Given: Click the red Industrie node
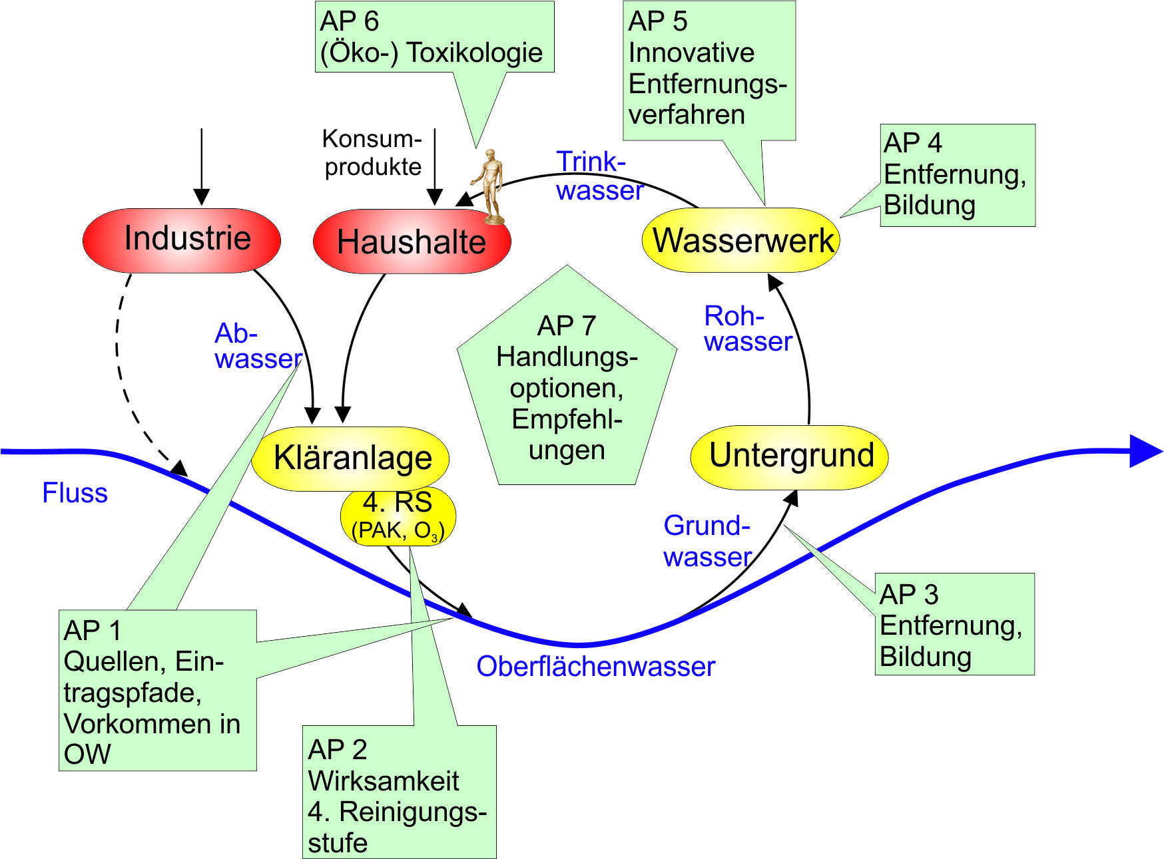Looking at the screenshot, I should click(181, 240).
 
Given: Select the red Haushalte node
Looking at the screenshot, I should click(411, 242).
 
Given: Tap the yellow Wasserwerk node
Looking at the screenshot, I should click(740, 240).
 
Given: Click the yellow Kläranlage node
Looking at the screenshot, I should click(350, 458).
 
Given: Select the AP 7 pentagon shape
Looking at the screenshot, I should click(567, 386).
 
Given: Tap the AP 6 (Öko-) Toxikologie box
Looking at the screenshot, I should click(434, 37).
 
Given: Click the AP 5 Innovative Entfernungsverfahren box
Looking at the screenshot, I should click(709, 69).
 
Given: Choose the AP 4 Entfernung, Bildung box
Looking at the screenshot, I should click(957, 175).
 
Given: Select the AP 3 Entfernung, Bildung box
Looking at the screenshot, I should click(954, 624).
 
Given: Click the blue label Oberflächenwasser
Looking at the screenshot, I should click(595, 667).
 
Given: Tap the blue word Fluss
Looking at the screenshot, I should click(75, 493).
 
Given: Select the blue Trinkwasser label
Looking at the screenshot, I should click(598, 176).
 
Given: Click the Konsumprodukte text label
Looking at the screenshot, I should click(372, 152).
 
